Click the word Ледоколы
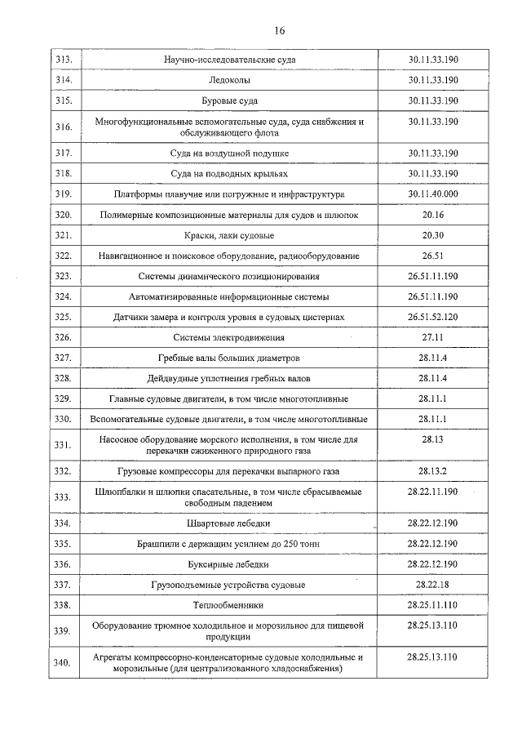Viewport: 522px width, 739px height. pos(229,81)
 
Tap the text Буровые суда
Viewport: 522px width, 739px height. pos(229,101)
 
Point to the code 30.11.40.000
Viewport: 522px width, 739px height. pos(432,194)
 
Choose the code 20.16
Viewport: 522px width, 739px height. pos(432,215)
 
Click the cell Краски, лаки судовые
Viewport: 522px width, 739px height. pos(229,235)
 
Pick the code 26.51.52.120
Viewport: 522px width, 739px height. pos(432,316)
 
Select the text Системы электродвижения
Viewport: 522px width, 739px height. pos(229,337)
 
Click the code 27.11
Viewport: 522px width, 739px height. pos(432,336)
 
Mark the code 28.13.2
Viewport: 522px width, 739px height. pos(432,471)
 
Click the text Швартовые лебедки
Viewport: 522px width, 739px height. pos(229,523)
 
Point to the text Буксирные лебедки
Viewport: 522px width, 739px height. pos(229,564)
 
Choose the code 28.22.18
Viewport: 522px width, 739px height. pos(432,585)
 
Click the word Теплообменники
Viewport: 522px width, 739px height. pos(229,605)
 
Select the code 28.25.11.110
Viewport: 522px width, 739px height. pos(432,605)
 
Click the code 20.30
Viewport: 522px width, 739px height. pos(432,235)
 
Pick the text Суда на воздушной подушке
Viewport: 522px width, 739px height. pos(229,154)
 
